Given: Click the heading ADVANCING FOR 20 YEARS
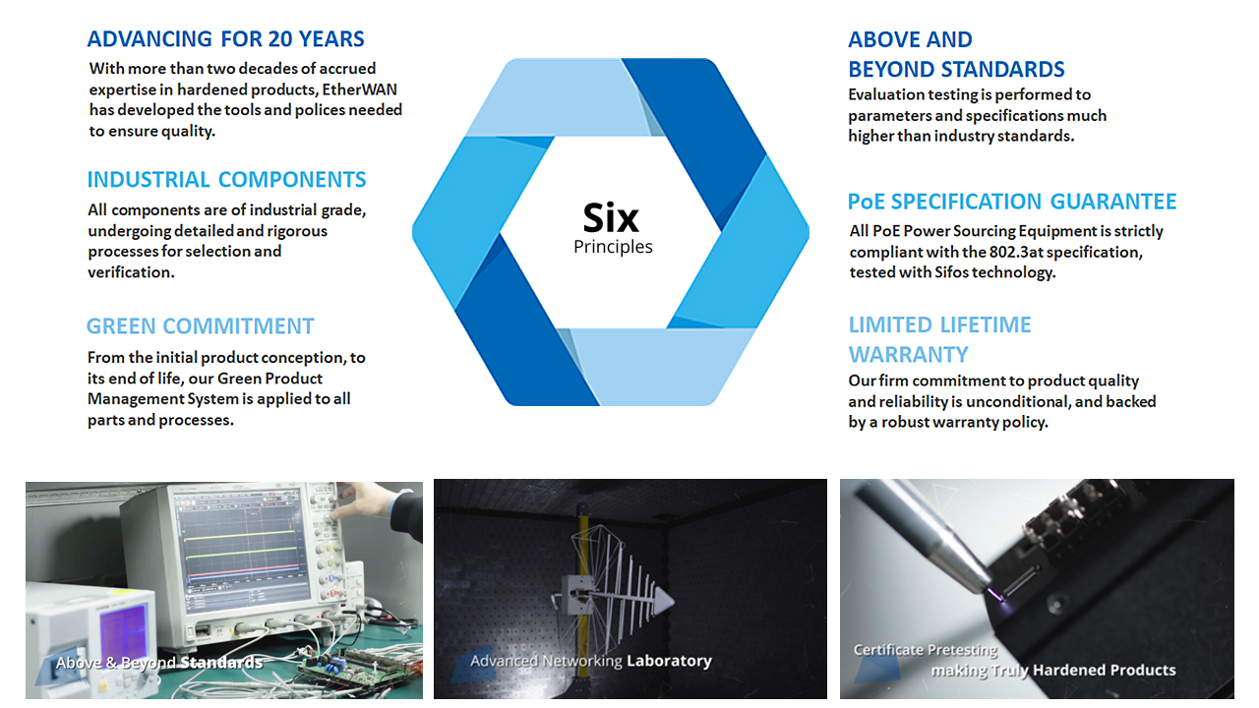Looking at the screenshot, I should pyautogui.click(x=225, y=39).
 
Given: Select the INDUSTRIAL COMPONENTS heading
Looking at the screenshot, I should pyautogui.click(x=226, y=180).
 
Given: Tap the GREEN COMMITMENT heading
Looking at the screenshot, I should pyautogui.click(x=201, y=326).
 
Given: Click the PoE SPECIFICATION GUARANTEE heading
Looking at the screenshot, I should pyautogui.click(x=1012, y=202).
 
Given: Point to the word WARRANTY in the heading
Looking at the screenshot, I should pyautogui.click(x=909, y=354).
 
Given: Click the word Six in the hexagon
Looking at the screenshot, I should pyautogui.click(x=611, y=217).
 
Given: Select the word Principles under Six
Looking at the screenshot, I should pyautogui.click(x=613, y=247).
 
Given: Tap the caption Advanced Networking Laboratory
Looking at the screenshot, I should pyautogui.click(x=590, y=661).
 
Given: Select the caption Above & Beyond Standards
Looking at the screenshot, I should pyautogui.click(x=159, y=663).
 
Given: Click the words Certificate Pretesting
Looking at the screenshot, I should pyautogui.click(x=925, y=650).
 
